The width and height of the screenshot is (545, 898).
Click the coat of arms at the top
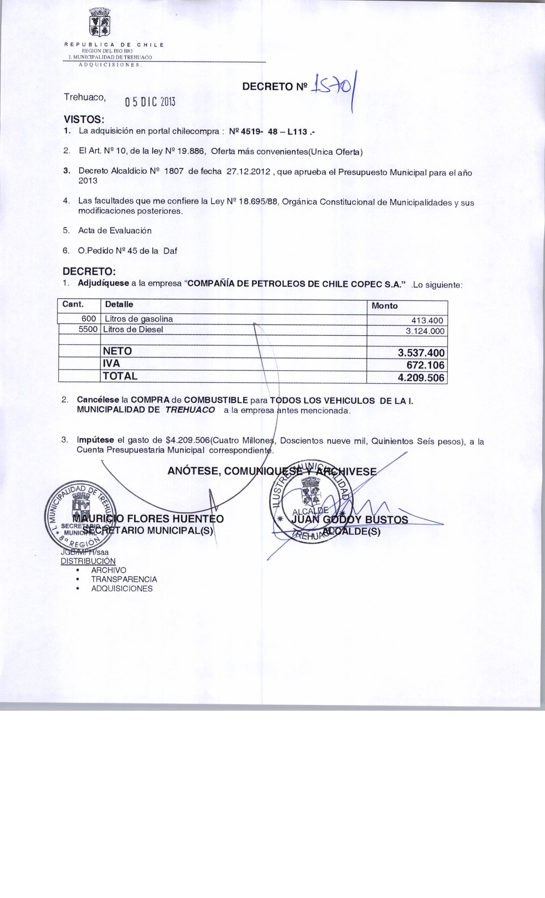tap(99, 23)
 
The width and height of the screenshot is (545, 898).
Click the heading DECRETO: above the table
tap(89, 272)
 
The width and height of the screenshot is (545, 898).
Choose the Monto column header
tap(384, 306)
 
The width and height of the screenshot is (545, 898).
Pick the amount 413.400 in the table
tap(427, 321)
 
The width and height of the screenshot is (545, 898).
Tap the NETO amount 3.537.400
tap(421, 353)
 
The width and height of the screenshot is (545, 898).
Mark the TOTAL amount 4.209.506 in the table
tap(421, 378)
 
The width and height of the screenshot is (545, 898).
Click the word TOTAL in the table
tap(120, 376)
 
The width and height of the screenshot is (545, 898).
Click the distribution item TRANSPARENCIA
tap(124, 579)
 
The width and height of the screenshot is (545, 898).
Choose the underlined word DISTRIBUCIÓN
tap(88, 561)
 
